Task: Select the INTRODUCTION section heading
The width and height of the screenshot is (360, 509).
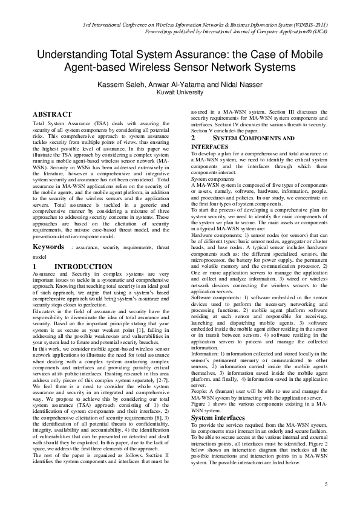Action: coord(83,266)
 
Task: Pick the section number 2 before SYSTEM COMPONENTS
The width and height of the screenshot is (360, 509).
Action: coord(193,138)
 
